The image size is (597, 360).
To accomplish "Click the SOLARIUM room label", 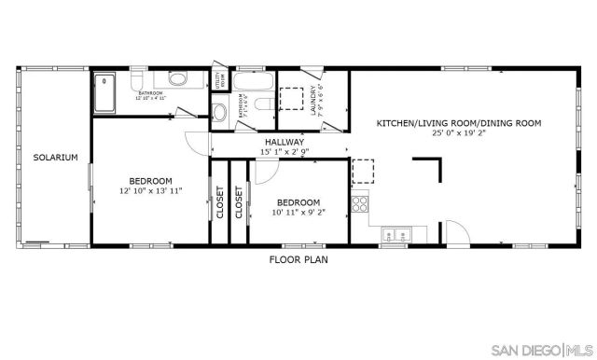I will [x=55, y=158].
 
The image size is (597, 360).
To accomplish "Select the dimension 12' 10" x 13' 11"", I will [x=150, y=190].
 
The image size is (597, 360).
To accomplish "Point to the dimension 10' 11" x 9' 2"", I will [x=298, y=213].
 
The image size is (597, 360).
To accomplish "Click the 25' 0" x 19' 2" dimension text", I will [x=458, y=132].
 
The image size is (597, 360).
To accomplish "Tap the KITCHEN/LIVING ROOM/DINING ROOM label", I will [x=458, y=122].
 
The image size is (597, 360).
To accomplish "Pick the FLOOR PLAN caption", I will [x=298, y=259].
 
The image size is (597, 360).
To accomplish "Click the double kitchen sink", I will [x=395, y=234].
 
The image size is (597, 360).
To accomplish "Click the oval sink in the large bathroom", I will [x=178, y=78].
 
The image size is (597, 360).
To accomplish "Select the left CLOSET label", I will [x=219, y=202].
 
